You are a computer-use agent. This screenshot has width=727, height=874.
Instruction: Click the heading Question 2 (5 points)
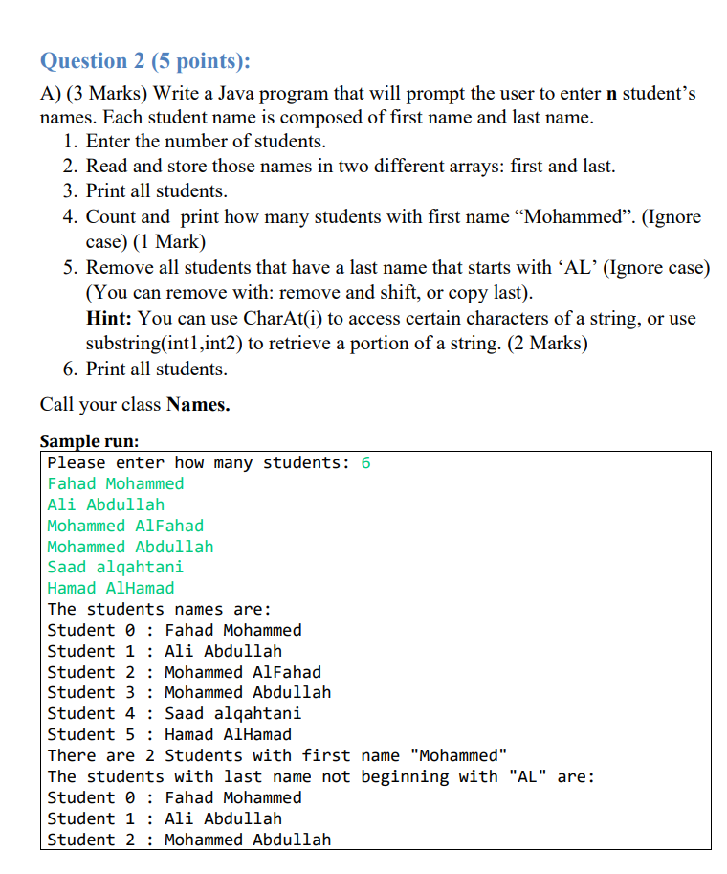[x=145, y=60]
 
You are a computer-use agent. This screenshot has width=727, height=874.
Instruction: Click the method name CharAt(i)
[x=286, y=318]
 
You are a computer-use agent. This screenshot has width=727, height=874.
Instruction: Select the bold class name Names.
[x=198, y=404]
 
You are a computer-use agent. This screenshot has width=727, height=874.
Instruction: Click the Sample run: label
[x=89, y=441]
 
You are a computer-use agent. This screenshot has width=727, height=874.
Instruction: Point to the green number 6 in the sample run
[x=365, y=463]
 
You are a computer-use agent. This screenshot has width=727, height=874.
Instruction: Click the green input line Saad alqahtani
[x=115, y=567]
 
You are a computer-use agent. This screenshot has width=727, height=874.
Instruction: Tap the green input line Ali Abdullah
[x=105, y=504]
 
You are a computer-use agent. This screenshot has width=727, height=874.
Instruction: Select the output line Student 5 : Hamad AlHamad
[x=169, y=734]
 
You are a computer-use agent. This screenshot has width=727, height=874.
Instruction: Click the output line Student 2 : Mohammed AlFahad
[x=184, y=672]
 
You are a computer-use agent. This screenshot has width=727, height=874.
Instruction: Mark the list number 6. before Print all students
[x=70, y=369]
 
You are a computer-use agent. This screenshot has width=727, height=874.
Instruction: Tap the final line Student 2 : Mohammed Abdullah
[x=188, y=840]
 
